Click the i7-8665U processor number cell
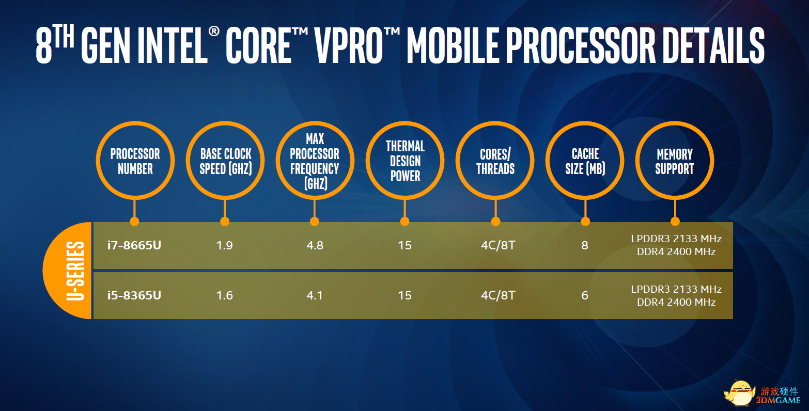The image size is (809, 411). click(134, 245)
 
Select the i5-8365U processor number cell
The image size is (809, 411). click(134, 295)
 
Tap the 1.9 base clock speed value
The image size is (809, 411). click(224, 246)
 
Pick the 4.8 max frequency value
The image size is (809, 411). click(315, 246)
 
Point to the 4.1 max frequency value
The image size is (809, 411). click(315, 296)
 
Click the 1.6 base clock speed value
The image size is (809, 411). click(224, 296)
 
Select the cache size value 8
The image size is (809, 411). click(585, 246)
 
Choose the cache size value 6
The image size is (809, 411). click(585, 296)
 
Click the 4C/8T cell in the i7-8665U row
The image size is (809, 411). click(497, 246)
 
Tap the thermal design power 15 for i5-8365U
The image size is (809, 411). click(404, 296)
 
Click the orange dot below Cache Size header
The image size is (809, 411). click(585, 221)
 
